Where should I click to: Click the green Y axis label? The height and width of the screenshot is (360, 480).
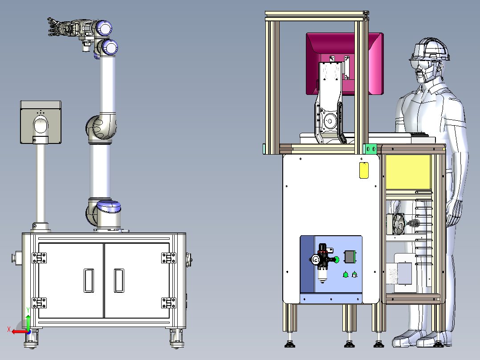pyautogui.click(x=28, y=310)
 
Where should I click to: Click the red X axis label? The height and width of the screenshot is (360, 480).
pyautogui.click(x=9, y=330)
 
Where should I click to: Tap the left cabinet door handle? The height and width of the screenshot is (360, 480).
pyautogui.click(x=89, y=281)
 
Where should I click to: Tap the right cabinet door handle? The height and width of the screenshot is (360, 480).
pyautogui.click(x=119, y=281)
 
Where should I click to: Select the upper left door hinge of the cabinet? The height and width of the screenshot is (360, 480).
pyautogui.click(x=39, y=258)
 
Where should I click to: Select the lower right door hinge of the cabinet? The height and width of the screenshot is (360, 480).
pyautogui.click(x=169, y=303)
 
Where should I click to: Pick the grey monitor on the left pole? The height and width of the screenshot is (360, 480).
pyautogui.click(x=41, y=122)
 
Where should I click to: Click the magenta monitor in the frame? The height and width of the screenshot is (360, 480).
pyautogui.click(x=345, y=64)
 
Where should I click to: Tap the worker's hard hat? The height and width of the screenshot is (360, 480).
pyautogui.click(x=430, y=49)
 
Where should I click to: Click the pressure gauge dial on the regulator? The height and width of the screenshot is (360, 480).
pyautogui.click(x=315, y=260)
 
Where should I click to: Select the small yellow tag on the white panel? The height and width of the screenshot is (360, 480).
pyautogui.click(x=364, y=170)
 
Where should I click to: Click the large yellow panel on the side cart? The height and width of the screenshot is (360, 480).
pyautogui.click(x=408, y=172)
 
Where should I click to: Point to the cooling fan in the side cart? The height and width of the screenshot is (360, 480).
pyautogui.click(x=398, y=224)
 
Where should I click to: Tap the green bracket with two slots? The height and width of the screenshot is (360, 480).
pyautogui.click(x=371, y=149)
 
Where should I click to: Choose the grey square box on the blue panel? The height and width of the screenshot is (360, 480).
pyautogui.click(x=350, y=257)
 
